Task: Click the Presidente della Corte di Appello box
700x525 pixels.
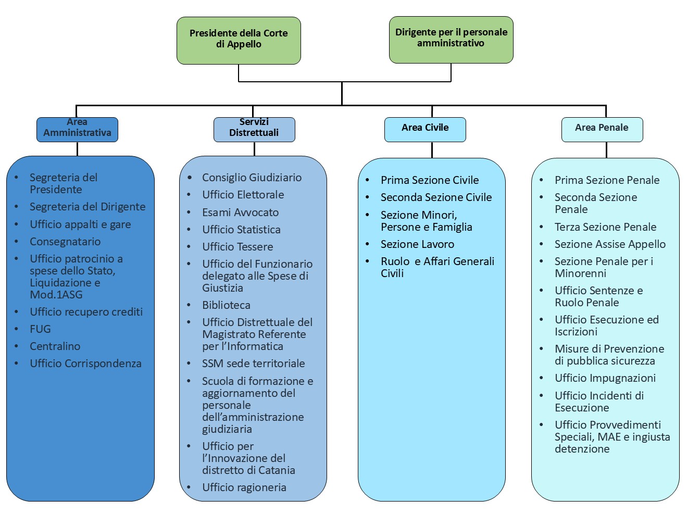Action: point(239,40)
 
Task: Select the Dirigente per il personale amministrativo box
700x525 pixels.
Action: point(451,40)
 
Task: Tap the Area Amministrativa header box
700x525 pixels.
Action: point(77,129)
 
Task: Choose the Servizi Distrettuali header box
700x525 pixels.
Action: point(254,129)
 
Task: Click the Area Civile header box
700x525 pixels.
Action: point(425,129)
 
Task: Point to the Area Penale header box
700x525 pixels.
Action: point(602,129)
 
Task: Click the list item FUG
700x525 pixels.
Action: point(40,329)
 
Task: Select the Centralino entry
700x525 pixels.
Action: point(55,346)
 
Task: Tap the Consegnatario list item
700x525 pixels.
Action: point(65,242)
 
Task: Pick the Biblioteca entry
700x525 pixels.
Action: point(226,305)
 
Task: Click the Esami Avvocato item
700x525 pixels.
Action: point(240,213)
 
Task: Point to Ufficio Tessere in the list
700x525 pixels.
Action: point(238,247)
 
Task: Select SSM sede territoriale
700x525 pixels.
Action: point(253,364)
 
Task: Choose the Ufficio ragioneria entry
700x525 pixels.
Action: point(244,488)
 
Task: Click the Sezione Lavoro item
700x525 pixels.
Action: point(417,244)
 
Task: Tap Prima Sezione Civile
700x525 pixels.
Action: point(430,180)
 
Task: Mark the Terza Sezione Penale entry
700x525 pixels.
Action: point(605,227)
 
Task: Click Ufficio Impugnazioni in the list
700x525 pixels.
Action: point(605,378)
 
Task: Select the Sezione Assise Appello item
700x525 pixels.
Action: point(610,244)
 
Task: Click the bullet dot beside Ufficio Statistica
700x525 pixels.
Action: point(190,230)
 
